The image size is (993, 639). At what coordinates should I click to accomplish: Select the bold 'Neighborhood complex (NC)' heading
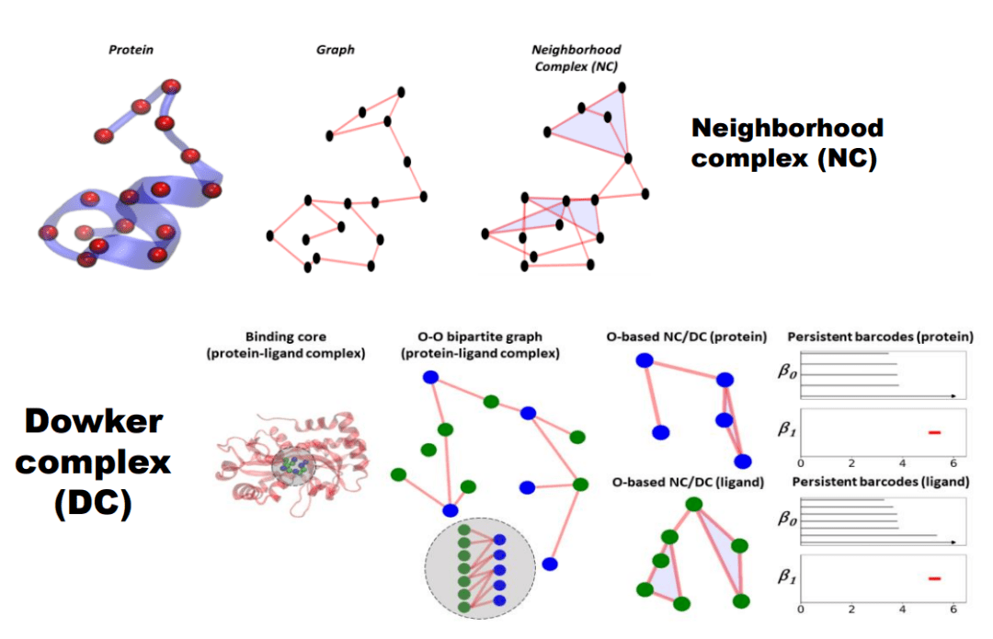pyautogui.click(x=787, y=143)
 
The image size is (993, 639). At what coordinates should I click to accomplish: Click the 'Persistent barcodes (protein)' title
pyautogui.click(x=881, y=337)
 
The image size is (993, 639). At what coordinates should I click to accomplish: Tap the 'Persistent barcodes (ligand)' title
pyautogui.click(x=881, y=481)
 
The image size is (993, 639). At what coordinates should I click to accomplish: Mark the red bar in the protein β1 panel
pyautogui.click(x=935, y=431)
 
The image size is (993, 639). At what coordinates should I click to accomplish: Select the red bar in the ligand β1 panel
pyautogui.click(x=935, y=578)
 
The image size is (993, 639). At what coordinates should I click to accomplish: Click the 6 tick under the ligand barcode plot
pyautogui.click(x=955, y=609)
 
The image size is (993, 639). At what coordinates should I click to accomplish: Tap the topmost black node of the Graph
pyautogui.click(x=401, y=91)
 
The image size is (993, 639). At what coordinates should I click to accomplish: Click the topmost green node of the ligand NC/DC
pyautogui.click(x=694, y=505)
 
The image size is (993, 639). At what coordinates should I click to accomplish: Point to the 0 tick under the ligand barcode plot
pyautogui.click(x=801, y=609)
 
